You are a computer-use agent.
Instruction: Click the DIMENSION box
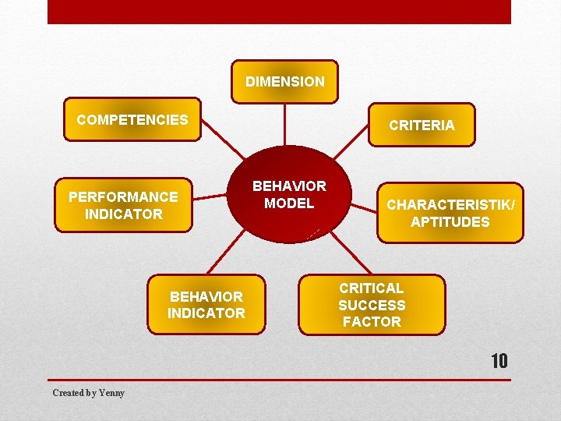pos(284,82)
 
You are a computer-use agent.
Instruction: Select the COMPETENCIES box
pos(132,119)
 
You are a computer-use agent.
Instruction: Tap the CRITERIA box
pos(422,125)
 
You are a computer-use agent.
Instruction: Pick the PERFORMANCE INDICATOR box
pos(123,205)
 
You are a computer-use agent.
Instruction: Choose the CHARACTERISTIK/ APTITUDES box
pos(450,214)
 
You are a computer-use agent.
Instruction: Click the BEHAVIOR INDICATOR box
pos(206,305)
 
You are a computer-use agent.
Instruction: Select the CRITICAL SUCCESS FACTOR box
pos(371,305)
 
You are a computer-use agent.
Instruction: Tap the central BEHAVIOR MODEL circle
pos(289,195)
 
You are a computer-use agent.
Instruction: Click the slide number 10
pos(499,362)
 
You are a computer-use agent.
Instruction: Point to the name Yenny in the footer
pos(111,393)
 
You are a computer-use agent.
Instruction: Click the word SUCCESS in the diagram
pos(372,306)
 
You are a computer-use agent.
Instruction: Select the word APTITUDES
pos(450,222)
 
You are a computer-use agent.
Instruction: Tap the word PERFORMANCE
pos(123,196)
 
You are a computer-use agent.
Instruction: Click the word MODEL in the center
pos(289,203)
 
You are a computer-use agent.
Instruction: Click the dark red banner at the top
pos(279,12)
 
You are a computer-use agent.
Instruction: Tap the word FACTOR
pos(372,322)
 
